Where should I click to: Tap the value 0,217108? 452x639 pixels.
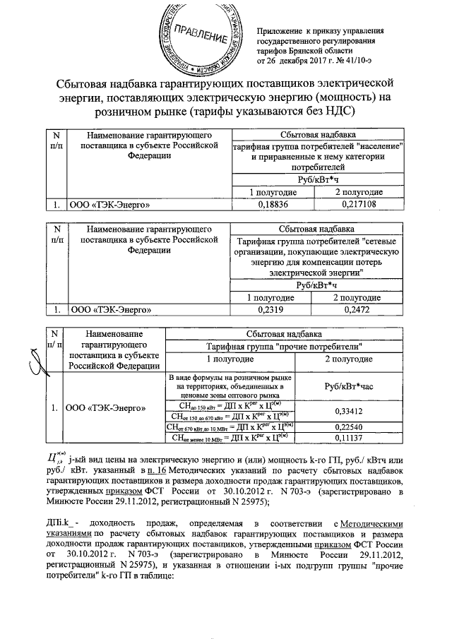coord(358,205)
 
